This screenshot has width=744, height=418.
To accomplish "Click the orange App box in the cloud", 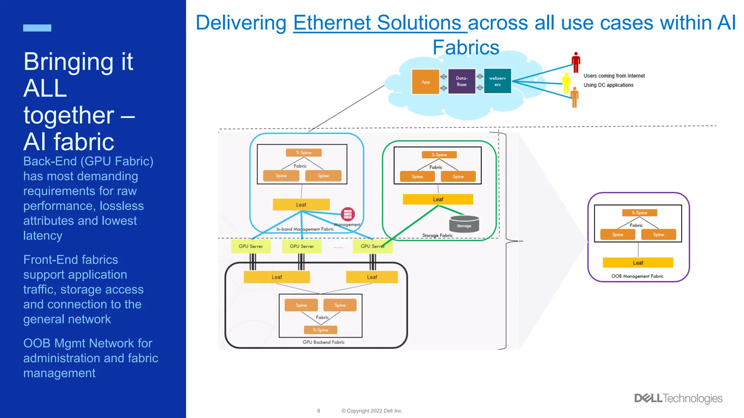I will [x=425, y=82].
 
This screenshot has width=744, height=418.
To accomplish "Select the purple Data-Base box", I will [x=462, y=81].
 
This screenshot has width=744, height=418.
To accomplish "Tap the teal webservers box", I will [x=497, y=81].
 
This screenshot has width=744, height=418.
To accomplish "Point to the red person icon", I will [x=576, y=62].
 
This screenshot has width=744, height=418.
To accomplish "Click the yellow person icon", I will [x=566, y=83].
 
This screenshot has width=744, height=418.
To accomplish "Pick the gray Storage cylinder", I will [x=464, y=224].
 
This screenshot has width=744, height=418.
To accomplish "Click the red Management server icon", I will [x=348, y=214].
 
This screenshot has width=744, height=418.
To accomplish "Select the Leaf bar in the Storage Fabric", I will [x=438, y=199].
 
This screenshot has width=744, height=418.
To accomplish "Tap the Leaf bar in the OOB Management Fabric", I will [x=638, y=263].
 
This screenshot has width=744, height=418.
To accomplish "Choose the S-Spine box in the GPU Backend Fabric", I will [x=320, y=330].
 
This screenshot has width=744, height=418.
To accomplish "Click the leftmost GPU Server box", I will [x=251, y=246].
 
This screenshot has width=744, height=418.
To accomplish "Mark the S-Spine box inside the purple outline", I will [x=639, y=213].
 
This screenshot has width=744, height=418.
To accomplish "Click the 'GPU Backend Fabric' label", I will [x=323, y=342].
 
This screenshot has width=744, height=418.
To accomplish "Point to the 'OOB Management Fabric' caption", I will [x=637, y=276].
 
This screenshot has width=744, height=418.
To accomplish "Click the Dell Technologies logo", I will [x=678, y=398].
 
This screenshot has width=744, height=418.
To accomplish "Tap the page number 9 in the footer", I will [x=319, y=411].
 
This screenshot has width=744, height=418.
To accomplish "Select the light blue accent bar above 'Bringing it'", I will [x=37, y=28].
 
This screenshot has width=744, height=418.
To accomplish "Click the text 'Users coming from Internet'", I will [x=614, y=76].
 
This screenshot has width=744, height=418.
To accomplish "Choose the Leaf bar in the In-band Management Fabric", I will [x=301, y=205].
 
